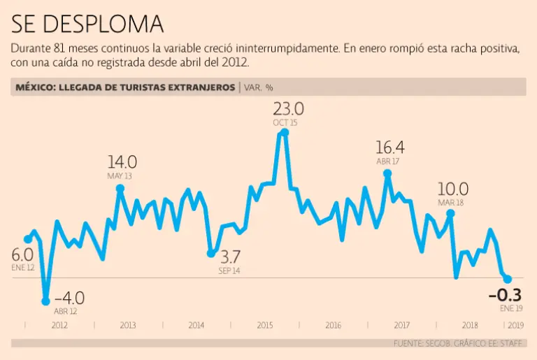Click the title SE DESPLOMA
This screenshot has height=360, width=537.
pyautogui.click(x=87, y=24)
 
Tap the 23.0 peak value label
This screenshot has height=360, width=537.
pyautogui.click(x=288, y=109)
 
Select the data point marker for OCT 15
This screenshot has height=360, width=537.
pyautogui.click(x=284, y=132)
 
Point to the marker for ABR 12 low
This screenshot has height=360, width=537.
pyautogui.click(x=46, y=301)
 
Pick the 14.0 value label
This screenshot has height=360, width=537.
pyautogui.click(x=122, y=161)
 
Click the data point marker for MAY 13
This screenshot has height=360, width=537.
pyautogui.click(x=120, y=188)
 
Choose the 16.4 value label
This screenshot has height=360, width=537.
pyautogui.click(x=389, y=148)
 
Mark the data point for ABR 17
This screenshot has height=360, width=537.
pyautogui.click(x=387, y=173)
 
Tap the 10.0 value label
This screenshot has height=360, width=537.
pyautogui.click(x=453, y=189)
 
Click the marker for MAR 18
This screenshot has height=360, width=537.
pyautogui.click(x=450, y=213)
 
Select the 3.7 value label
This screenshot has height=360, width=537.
pyautogui.click(x=229, y=256)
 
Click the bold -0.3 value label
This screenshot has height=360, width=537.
pyautogui.click(x=505, y=295)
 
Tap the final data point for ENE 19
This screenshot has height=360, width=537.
pyautogui.click(x=508, y=280)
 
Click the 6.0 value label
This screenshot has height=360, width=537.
pyautogui.click(x=22, y=255)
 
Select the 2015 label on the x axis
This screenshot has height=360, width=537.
pyautogui.click(x=265, y=325)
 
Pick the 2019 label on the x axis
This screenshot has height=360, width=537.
pyautogui.click(x=515, y=325)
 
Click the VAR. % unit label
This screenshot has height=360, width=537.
pyautogui.click(x=259, y=87)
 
